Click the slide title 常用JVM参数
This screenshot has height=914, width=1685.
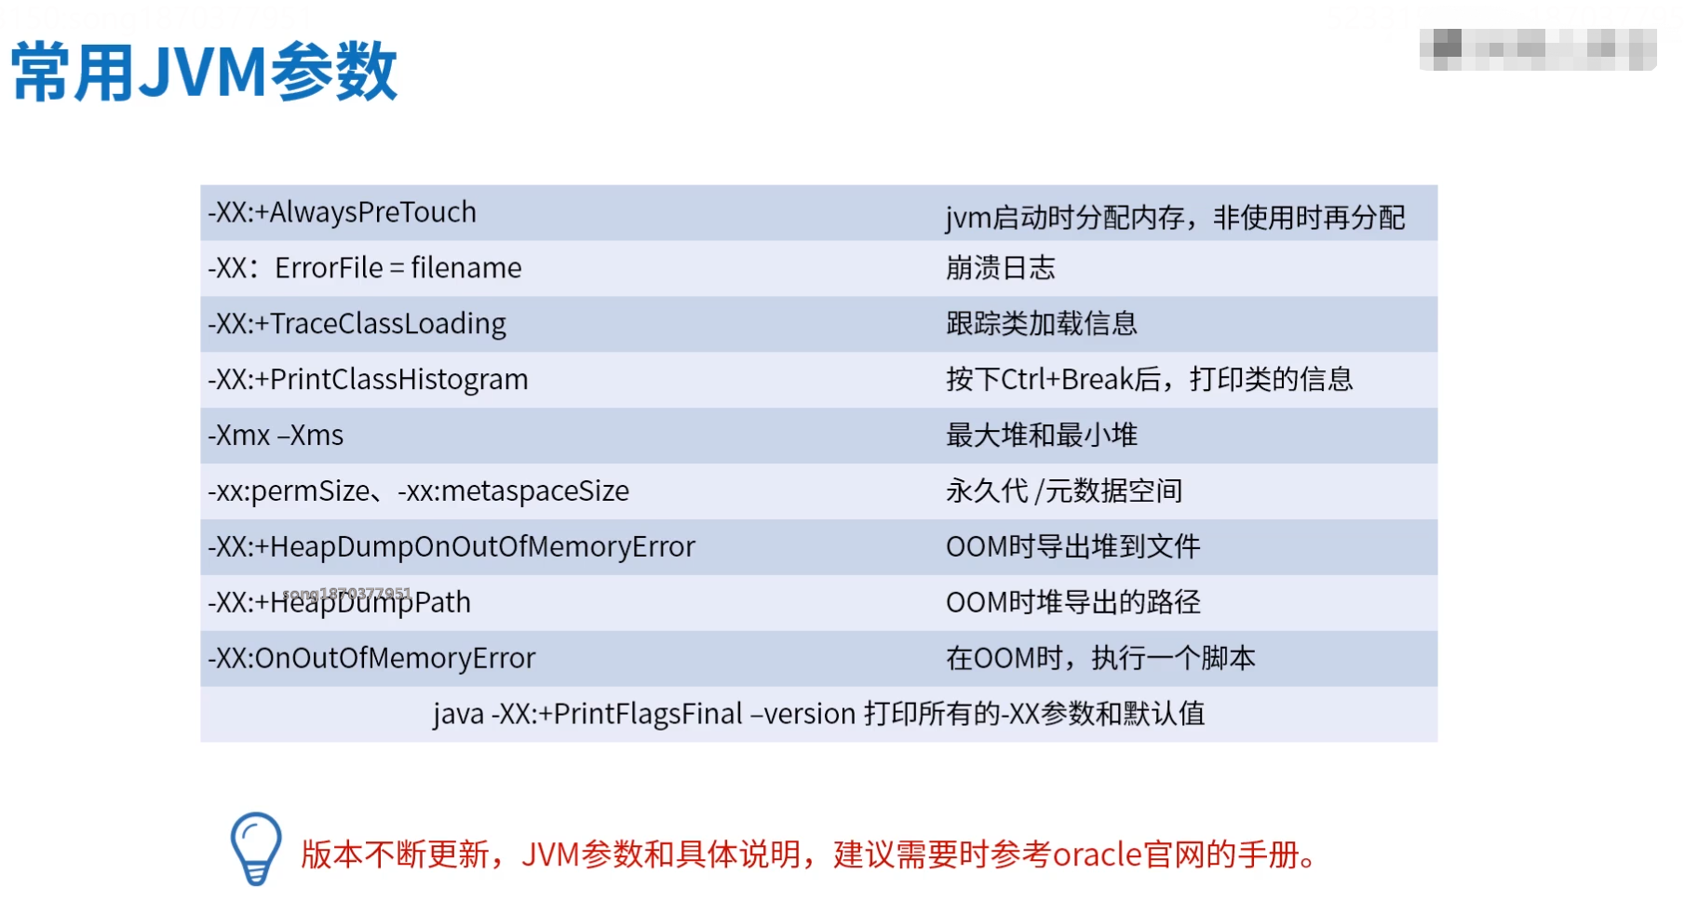pos(204,72)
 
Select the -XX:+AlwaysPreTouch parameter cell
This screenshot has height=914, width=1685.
pos(342,213)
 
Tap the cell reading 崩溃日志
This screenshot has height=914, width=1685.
pos(1000,268)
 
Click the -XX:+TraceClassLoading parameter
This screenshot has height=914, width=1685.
pos(357,324)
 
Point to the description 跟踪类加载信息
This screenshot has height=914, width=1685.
pos(1041,324)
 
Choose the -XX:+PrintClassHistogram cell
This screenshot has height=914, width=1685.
pos(368,380)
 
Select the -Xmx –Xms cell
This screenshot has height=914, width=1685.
pos(276,436)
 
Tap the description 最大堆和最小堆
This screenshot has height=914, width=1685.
pos(1041,436)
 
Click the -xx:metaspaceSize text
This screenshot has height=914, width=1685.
pos(514,491)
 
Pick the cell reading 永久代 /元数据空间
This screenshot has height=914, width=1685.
pos(1063,491)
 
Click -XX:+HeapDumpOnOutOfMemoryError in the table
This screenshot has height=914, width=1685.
pos(452,547)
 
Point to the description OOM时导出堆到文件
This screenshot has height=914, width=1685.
pos(1072,547)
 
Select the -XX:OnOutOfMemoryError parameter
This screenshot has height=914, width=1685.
pos(371,659)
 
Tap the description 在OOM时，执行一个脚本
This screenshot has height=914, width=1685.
pos(1099,659)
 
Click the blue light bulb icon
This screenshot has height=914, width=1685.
pos(256,848)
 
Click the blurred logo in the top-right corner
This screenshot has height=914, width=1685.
pos(1537,49)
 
